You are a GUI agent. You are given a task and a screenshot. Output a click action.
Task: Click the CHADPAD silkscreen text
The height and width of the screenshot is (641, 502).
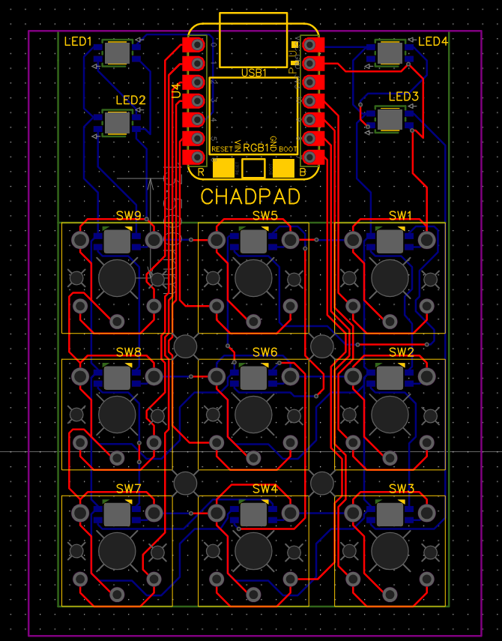pyautogui.click(x=250, y=197)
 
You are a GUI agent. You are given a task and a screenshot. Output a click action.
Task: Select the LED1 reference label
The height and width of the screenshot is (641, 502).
pyautogui.click(x=78, y=42)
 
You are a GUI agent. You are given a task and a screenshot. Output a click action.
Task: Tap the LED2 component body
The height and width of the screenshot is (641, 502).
pyautogui.click(x=116, y=121)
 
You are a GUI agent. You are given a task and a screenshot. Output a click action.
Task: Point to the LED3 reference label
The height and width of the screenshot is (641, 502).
pyautogui.click(x=404, y=97)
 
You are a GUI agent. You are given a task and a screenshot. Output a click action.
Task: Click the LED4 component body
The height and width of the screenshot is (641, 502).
pyautogui.click(x=389, y=53)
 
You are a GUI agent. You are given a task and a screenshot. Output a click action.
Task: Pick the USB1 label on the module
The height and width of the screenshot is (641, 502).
pyautogui.click(x=253, y=73)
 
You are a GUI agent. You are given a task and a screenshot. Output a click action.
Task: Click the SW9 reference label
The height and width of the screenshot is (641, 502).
pyautogui.click(x=128, y=215)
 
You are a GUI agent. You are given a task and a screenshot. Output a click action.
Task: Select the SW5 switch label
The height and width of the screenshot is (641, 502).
pyautogui.click(x=264, y=215)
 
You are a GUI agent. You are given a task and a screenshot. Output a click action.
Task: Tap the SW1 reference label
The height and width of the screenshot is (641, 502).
pyautogui.click(x=401, y=215)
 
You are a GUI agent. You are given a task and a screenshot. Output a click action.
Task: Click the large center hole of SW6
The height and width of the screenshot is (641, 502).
pyautogui.click(x=253, y=415)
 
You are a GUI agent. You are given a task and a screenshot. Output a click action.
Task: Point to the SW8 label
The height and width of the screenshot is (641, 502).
pyautogui.click(x=128, y=352)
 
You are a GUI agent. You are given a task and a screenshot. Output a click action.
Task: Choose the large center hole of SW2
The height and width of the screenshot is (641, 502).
pyautogui.click(x=390, y=415)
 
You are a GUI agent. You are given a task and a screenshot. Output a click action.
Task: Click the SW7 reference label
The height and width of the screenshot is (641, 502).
pyautogui.click(x=128, y=488)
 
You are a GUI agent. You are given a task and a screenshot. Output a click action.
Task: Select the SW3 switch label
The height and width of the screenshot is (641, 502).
pyautogui.click(x=401, y=488)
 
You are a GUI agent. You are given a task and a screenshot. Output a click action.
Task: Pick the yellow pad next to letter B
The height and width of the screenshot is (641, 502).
pyautogui.click(x=283, y=168)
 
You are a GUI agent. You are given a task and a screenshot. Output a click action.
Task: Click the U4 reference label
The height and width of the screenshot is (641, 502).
pyautogui.click(x=176, y=91)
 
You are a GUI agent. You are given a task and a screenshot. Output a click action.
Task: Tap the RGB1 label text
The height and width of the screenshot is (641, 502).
pyautogui.click(x=256, y=148)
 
